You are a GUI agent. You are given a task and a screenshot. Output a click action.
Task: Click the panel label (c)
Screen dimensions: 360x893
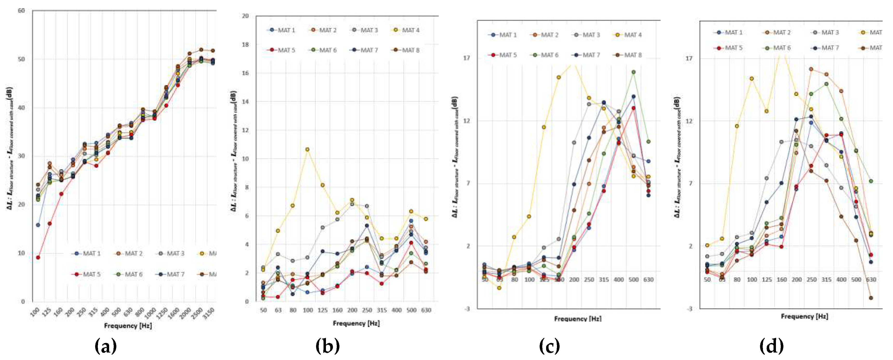click(x=549, y=346)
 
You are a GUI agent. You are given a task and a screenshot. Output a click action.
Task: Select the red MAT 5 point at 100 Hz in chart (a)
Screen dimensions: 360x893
click(x=38, y=257)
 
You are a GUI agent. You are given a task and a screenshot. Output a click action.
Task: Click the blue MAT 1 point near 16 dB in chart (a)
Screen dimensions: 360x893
click(x=38, y=225)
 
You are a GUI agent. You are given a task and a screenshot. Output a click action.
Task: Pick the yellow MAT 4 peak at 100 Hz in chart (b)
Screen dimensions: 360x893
click(x=307, y=149)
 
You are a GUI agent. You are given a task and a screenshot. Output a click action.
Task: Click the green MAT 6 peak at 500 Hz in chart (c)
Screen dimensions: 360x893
click(x=633, y=72)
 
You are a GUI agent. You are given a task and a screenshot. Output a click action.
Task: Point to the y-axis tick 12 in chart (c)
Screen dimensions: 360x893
click(x=467, y=121)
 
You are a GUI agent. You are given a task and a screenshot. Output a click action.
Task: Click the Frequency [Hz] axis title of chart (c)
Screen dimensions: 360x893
click(x=577, y=318)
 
